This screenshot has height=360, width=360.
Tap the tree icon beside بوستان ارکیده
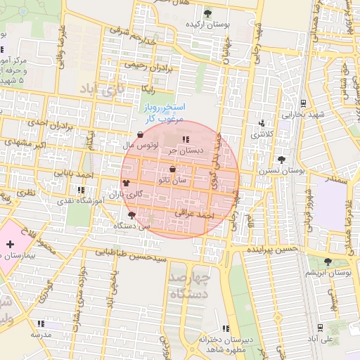[207, 13]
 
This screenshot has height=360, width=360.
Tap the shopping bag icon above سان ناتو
[173, 169]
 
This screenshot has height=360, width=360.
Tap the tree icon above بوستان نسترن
[282, 160]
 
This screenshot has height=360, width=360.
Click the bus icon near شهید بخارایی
[302, 103]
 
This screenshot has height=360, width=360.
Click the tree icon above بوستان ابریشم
[328, 262]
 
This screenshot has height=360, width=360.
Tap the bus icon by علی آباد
[320, 327]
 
